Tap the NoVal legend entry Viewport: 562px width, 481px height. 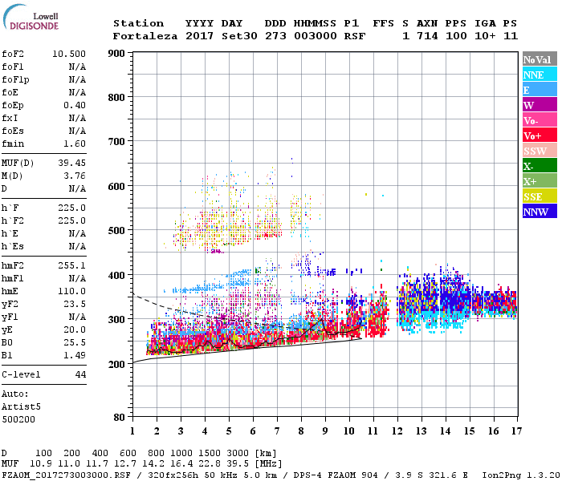coord(536,59)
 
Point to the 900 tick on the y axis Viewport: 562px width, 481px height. coord(116,54)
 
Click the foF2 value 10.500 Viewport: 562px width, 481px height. coord(69,53)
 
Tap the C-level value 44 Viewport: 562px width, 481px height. coord(80,374)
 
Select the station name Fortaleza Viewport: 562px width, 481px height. coord(145,36)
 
